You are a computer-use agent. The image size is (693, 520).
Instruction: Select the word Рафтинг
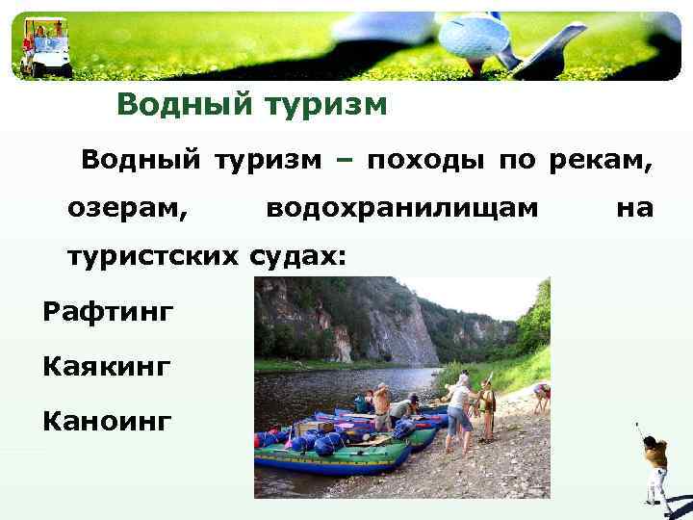tap(108, 311)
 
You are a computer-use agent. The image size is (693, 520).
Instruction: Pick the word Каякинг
tap(107, 366)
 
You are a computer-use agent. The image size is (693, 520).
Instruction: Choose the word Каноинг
tap(107, 421)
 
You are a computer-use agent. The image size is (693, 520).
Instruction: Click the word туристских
tap(152, 256)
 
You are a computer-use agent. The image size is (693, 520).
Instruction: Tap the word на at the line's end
tap(633, 207)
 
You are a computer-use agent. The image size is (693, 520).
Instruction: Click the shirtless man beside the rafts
tap(382, 404)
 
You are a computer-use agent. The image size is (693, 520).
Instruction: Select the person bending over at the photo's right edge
tap(541, 395)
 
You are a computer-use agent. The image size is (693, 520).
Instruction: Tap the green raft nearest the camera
tap(327, 457)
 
